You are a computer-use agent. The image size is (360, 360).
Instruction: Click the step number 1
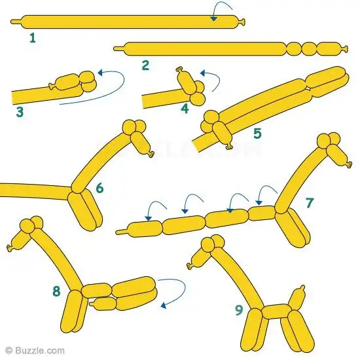point(33,38)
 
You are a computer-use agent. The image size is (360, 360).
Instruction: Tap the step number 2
point(145,65)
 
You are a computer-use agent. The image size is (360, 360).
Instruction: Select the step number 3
point(20,113)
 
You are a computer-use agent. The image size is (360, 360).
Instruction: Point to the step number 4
point(185,109)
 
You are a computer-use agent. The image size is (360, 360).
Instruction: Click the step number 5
point(257,134)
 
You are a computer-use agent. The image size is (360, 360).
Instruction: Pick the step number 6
point(99,188)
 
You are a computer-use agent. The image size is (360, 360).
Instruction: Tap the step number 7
point(310,202)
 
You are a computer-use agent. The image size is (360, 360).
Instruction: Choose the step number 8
point(56,291)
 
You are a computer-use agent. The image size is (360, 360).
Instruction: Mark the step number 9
point(239,310)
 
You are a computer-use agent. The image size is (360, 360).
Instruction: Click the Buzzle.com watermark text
point(35,351)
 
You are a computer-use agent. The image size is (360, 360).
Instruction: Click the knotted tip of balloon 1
point(242,22)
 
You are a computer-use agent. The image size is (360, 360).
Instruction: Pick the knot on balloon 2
point(344,49)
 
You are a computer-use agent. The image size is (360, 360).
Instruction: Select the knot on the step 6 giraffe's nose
point(151,154)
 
